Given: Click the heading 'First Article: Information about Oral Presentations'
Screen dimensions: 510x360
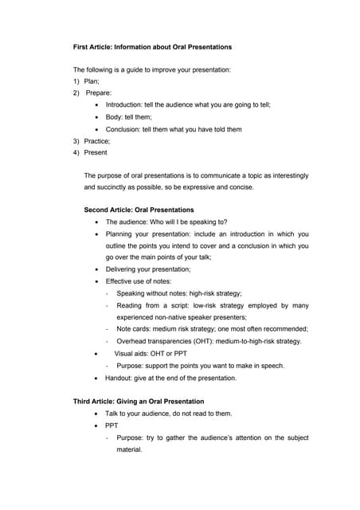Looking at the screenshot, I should pos(153,47).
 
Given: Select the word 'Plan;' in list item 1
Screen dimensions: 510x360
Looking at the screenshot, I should pos(92,81).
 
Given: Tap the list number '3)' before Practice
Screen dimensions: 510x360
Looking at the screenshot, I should pos(77,140).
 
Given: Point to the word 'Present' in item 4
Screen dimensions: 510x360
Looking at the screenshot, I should pos(96,152).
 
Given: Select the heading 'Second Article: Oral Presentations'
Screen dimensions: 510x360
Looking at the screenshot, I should pos(139,210).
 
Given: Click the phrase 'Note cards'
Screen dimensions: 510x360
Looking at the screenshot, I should pos(135,328).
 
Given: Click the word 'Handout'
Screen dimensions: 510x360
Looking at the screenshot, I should pos(120,378).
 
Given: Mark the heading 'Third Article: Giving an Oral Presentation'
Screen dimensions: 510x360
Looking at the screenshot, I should pos(139,402).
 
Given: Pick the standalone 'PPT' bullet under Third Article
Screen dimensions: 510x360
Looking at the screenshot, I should pos(112,426).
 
